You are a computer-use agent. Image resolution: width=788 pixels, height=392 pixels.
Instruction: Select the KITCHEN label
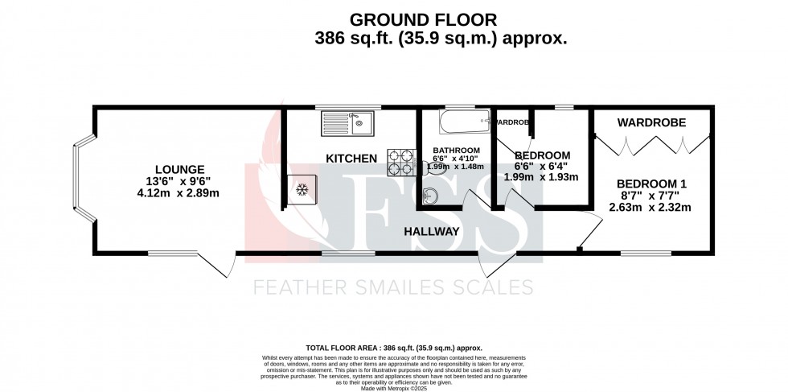tap(351, 159)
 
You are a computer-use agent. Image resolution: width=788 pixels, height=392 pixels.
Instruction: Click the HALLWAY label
tap(432, 231)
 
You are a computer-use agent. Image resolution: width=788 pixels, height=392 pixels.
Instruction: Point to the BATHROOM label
tap(456, 151)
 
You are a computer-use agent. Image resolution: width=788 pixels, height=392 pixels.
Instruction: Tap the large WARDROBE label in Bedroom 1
tap(651, 122)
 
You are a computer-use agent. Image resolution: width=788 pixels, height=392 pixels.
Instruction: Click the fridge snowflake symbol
tap(303, 190)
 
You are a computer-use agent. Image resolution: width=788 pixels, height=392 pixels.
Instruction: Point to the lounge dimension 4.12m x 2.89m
tap(177, 193)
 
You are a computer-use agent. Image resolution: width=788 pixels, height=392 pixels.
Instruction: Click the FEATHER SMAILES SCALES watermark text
tap(393, 287)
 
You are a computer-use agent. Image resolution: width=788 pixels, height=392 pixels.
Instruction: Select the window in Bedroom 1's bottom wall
tap(645, 254)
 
